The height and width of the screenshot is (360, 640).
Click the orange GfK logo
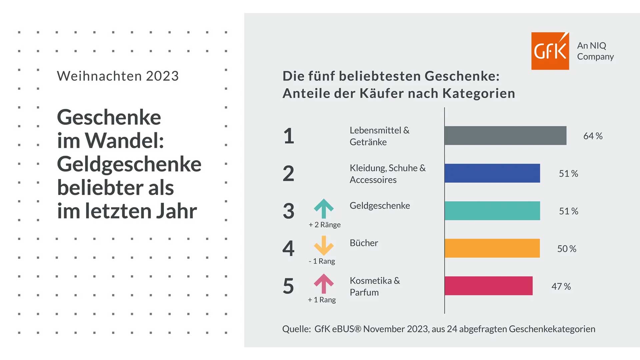pos(550,51)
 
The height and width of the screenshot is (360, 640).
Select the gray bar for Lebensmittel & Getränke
pos(505,136)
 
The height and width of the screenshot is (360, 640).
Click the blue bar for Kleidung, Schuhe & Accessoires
pos(492,173)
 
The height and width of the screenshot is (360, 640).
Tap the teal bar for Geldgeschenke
pos(492,211)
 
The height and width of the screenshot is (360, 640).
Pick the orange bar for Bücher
pos(492,248)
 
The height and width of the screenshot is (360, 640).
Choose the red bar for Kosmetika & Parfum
pos(488,286)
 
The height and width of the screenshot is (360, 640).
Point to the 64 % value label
pos(593,136)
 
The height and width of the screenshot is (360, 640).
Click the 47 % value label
pos(561,286)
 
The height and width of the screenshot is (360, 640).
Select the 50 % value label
pos(567,249)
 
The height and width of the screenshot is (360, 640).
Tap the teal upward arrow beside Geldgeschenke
pos(324,208)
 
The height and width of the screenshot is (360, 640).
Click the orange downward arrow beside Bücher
pos(324,246)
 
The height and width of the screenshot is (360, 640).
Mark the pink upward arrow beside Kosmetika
pos(324,283)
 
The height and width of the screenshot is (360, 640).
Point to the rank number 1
pos(289,136)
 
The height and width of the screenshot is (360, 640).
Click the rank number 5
pos(288,286)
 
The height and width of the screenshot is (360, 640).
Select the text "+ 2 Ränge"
pos(325,225)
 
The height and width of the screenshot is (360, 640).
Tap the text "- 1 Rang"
pos(322,261)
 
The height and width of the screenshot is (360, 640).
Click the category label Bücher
pos(364,243)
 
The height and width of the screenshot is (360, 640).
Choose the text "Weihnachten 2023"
pos(118,76)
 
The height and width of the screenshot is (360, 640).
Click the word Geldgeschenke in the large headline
pos(129,164)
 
